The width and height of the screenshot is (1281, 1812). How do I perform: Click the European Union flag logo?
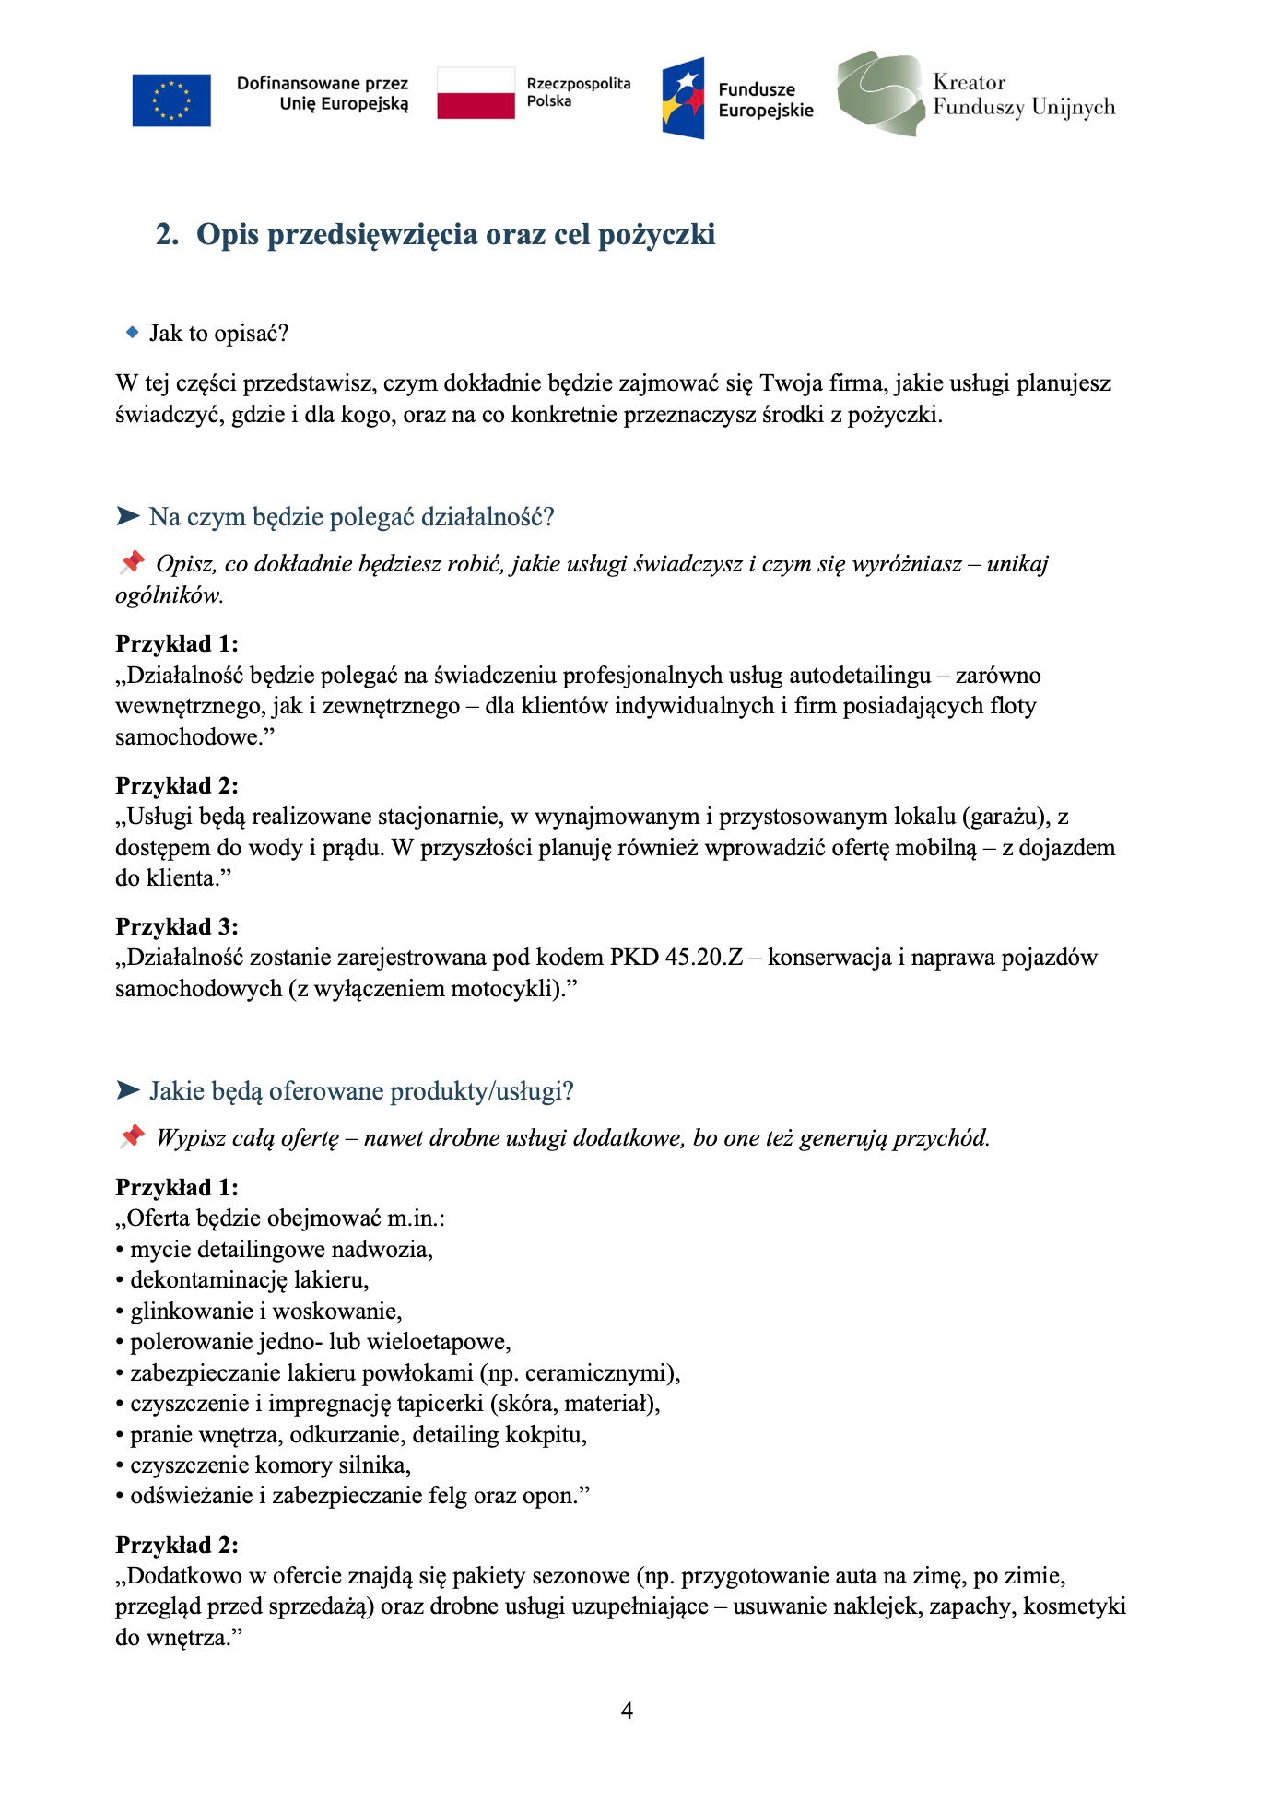click(x=171, y=100)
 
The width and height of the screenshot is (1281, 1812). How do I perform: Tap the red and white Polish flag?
click(x=476, y=93)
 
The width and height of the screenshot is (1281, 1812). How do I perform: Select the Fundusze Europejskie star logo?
click(x=683, y=99)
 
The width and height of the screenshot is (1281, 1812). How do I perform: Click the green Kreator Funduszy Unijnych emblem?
click(x=880, y=94)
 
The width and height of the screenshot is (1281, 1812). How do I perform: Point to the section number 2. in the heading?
click(x=167, y=235)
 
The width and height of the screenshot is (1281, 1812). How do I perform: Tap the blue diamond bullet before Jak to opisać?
click(x=132, y=332)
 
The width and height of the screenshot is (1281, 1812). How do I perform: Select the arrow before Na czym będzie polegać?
click(x=128, y=516)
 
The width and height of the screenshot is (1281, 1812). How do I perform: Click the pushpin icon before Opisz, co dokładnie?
click(x=132, y=562)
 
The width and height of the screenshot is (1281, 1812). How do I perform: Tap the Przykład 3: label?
click(x=177, y=926)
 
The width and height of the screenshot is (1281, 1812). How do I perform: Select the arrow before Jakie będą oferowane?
click(x=128, y=1091)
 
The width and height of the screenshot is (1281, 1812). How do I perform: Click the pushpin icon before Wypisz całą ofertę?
click(x=132, y=1136)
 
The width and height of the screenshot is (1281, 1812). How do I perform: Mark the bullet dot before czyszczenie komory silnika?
click(x=120, y=1465)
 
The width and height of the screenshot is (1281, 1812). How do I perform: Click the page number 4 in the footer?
click(x=628, y=1712)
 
